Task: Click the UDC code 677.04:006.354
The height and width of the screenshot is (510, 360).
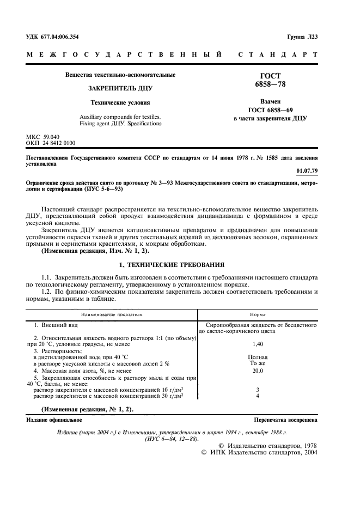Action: tap(52, 37)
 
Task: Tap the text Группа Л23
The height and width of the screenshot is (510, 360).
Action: tap(301, 37)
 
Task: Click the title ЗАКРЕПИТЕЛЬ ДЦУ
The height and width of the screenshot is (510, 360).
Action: tap(120, 88)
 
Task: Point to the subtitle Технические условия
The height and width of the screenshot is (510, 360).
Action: tap(120, 102)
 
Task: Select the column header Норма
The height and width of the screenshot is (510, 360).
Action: tap(257, 314)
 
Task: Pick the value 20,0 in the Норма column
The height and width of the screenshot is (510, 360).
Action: tap(258, 371)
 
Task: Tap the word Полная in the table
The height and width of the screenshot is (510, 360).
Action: tap(258, 357)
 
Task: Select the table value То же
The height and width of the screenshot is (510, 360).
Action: tap(258, 363)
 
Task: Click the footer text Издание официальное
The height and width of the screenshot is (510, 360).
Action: tap(54, 420)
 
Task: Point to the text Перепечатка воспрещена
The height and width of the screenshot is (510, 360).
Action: tap(285, 420)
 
